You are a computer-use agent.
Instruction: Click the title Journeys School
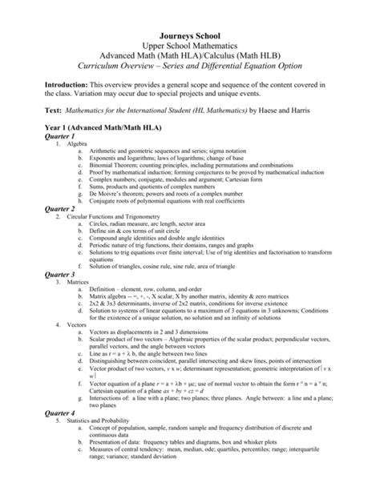190,12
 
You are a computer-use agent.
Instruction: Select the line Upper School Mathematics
190,24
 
